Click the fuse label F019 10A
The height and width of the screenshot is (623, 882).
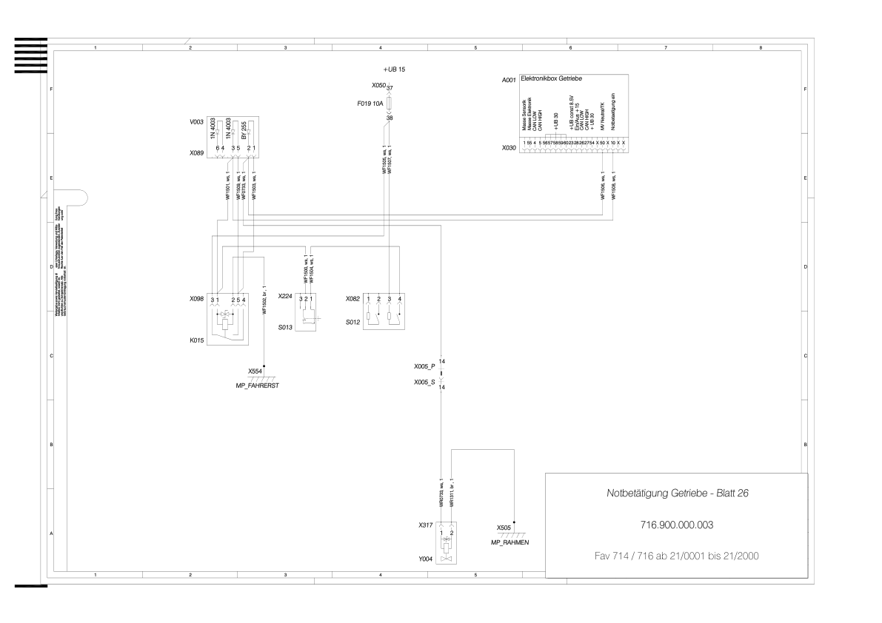coord(370,104)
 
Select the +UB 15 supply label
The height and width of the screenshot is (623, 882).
coord(394,69)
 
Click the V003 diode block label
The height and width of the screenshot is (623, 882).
coord(197,121)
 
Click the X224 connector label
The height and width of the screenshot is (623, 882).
coord(285,297)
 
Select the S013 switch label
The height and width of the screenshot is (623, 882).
coord(285,325)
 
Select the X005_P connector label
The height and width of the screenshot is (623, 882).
coord(425,366)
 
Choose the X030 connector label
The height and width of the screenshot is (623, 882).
coord(509,147)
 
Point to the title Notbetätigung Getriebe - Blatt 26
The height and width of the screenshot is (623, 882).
coord(676,492)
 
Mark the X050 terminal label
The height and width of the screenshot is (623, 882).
coord(378,86)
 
